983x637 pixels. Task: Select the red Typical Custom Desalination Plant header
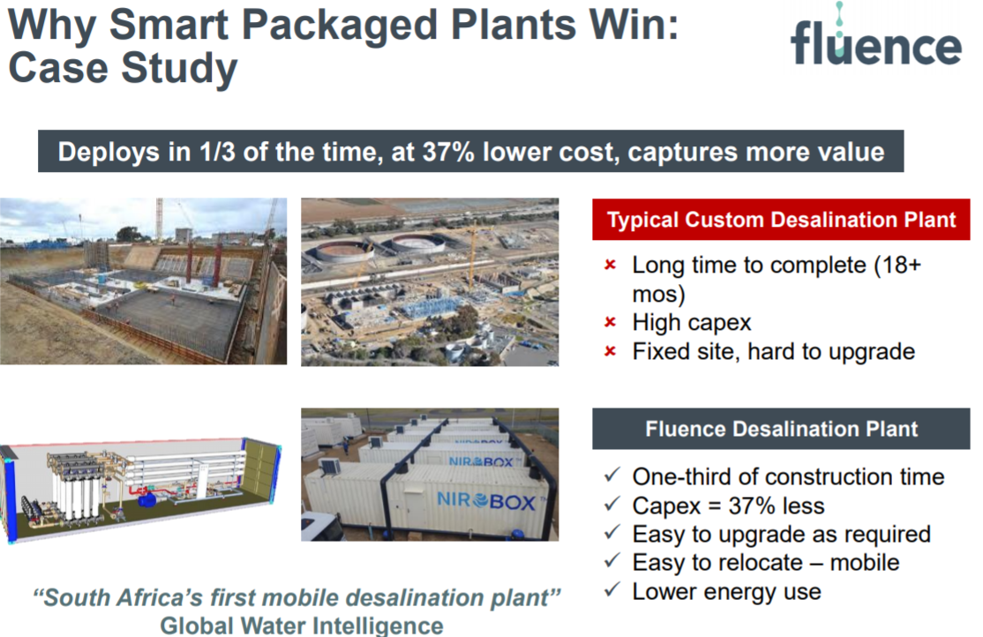click(x=781, y=220)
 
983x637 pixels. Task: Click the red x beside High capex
click(x=610, y=322)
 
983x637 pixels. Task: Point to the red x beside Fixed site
click(x=610, y=351)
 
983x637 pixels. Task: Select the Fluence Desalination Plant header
click(x=781, y=429)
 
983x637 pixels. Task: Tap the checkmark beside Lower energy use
click(x=612, y=590)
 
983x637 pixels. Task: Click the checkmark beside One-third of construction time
click(x=612, y=476)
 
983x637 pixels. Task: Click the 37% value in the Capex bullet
click(x=752, y=506)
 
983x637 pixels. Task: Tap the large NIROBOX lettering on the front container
click(x=486, y=501)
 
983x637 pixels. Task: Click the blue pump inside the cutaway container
click(x=148, y=499)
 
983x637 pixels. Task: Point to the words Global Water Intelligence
click(x=302, y=625)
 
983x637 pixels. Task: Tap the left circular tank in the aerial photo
click(x=344, y=251)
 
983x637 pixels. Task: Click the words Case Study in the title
click(x=123, y=68)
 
